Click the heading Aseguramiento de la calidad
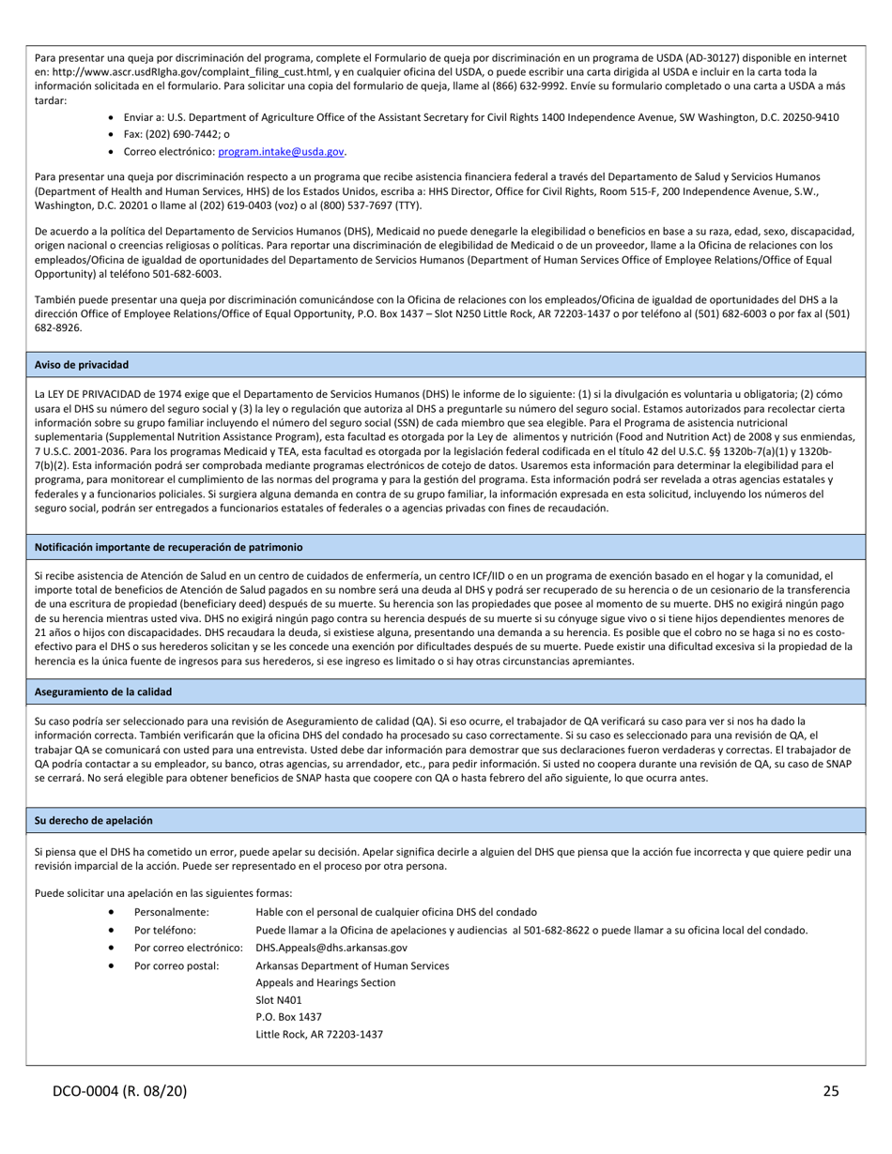tap(103, 691)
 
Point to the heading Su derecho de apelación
tap(93, 820)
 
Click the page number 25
tap(831, 1090)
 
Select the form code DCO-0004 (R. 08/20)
tap(118, 1090)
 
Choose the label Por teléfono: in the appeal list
tap(165, 930)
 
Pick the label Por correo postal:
tap(177, 965)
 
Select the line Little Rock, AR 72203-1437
tap(319, 1035)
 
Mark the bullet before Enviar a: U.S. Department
tap(113, 117)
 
